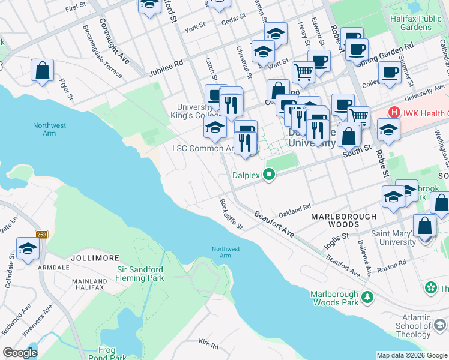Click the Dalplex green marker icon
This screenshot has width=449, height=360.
tap(270, 175)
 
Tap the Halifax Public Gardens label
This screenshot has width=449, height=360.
tap(421, 23)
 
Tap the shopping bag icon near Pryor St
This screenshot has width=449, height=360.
tap(43, 71)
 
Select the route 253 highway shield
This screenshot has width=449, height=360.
tap(41, 234)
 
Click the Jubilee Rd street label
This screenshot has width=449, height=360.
tap(166, 67)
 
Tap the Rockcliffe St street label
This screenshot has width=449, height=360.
tap(231, 215)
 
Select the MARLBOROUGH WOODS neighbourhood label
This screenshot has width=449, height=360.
tap(343, 221)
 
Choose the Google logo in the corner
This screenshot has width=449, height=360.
tap(20, 353)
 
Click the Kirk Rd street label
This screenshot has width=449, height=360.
tap(208, 344)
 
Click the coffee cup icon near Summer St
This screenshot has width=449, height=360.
tap(389, 72)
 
